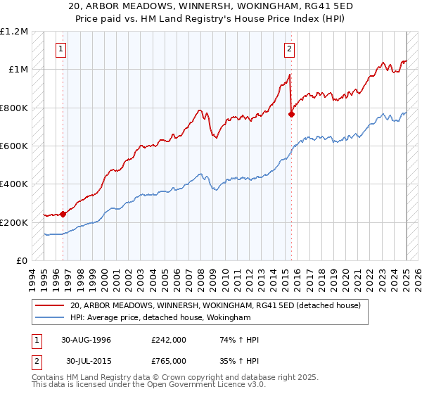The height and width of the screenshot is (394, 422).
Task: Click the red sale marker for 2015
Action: (x=291, y=114)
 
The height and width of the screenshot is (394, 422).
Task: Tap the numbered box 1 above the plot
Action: (x=62, y=49)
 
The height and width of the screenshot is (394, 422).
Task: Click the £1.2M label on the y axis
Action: (x=14, y=32)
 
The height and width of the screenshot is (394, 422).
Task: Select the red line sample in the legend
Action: (x=50, y=305)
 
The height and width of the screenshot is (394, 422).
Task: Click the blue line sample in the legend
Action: (x=50, y=317)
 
